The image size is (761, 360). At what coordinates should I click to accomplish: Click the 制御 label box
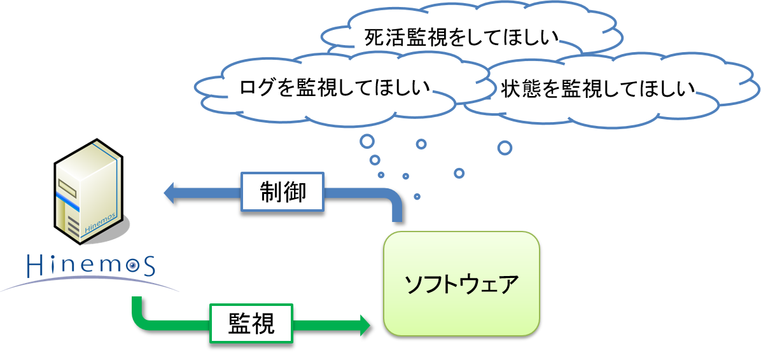point(283,192)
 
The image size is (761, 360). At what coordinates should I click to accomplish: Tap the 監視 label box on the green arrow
point(251,324)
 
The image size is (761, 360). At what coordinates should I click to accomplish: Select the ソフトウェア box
point(461,284)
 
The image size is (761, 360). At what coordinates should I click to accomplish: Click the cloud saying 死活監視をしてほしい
point(461,38)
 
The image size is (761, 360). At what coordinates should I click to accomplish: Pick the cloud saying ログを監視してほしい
point(334,87)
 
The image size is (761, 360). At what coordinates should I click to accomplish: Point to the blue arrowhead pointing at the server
point(171,192)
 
